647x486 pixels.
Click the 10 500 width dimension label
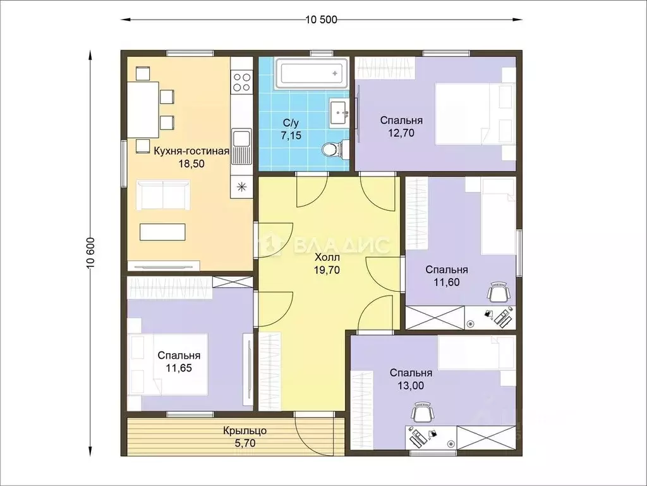click(321, 20)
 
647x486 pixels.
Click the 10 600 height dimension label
click(91, 253)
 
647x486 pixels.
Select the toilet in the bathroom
click(335, 149)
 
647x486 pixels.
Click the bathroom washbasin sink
click(339, 111)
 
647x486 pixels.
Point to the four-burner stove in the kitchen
click(241, 82)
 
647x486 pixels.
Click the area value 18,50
click(191, 164)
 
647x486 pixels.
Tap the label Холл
click(327, 258)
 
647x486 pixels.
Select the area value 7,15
click(291, 135)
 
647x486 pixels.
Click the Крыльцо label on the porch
click(245, 431)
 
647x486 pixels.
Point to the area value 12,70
click(401, 133)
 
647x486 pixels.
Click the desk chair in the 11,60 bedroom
click(499, 292)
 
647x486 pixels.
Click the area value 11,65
click(179, 368)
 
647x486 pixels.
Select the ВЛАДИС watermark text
click(341, 245)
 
